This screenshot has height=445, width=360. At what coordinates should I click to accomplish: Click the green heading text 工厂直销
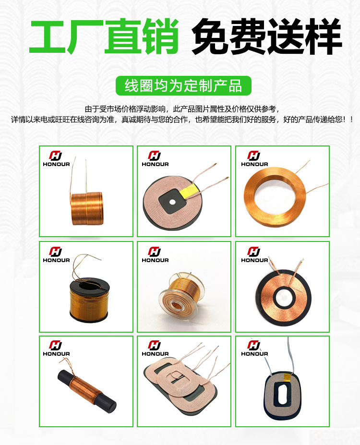point(104,36)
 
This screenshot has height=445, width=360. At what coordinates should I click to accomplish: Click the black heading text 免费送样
point(266,36)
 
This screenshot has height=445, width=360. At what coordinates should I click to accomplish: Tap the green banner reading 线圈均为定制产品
point(183,86)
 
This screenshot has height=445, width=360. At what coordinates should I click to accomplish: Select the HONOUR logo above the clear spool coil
point(155,254)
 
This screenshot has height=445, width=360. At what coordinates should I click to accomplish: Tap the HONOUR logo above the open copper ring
point(254,158)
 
